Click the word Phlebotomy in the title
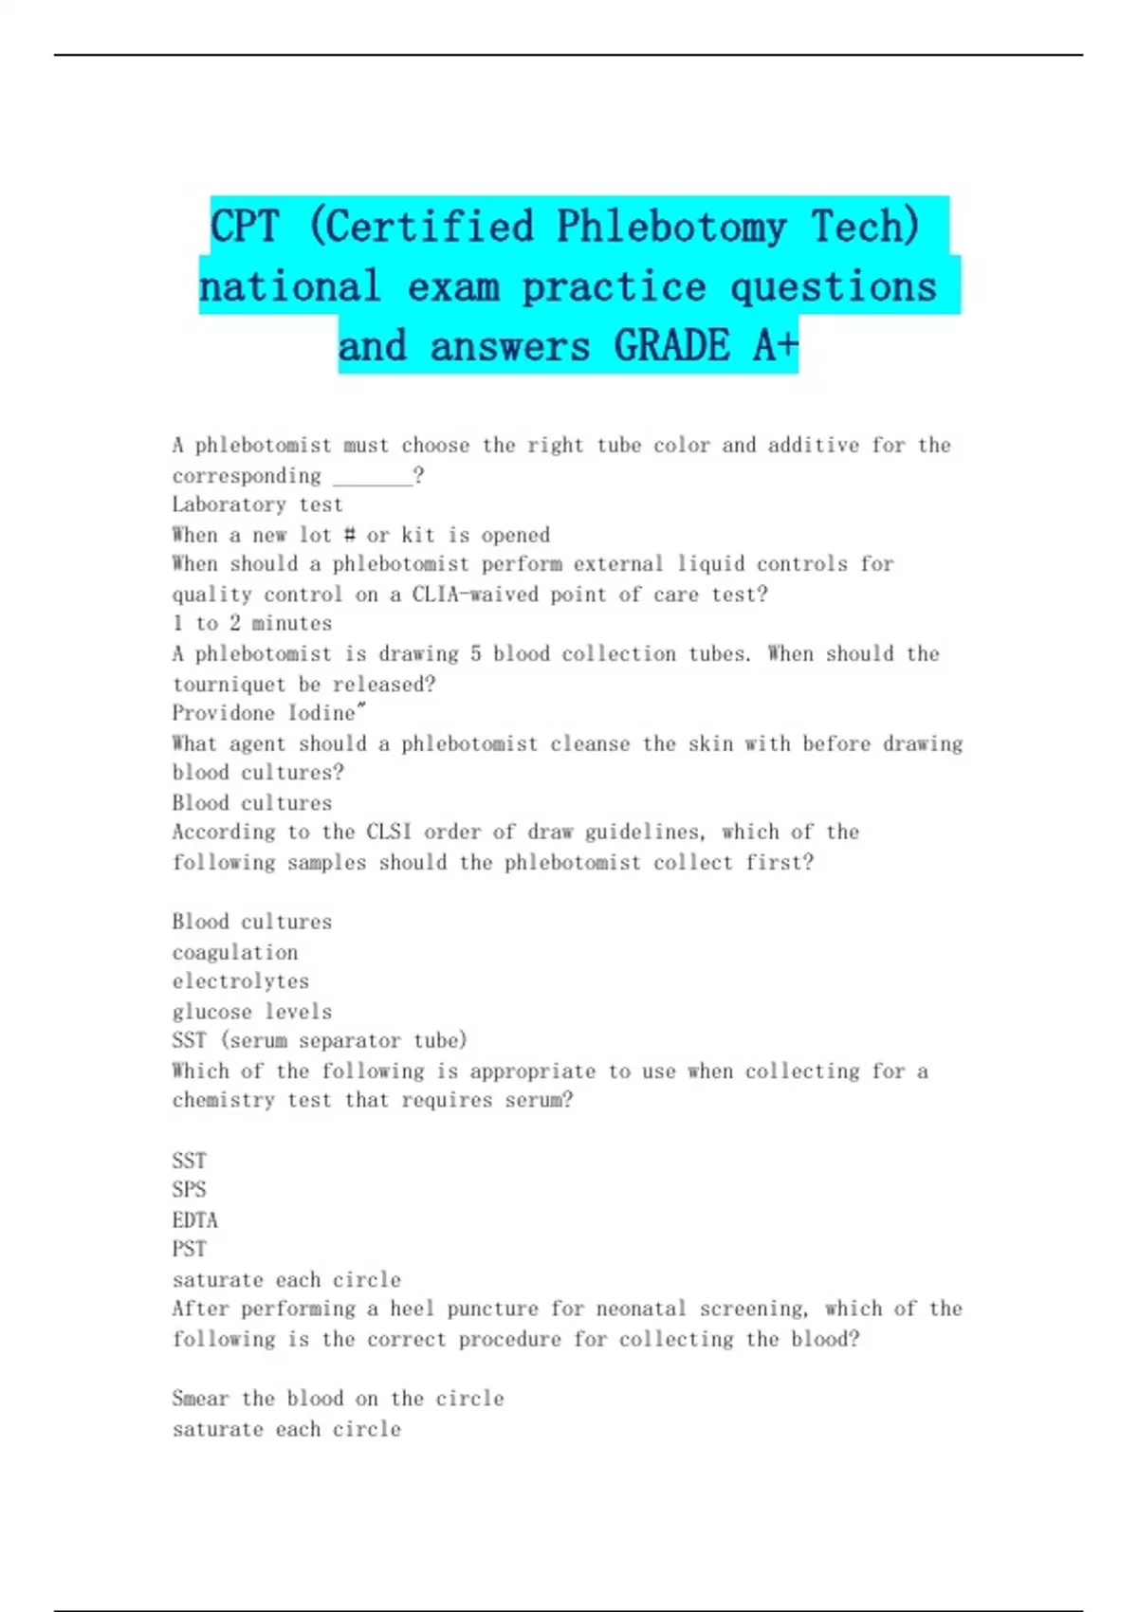[x=670, y=228]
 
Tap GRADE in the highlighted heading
[x=671, y=346]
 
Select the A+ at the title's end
[x=776, y=346]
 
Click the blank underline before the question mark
[x=373, y=477]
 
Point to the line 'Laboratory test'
[x=257, y=505]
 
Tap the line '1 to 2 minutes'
[x=252, y=624]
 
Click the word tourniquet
[x=229, y=685]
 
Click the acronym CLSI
[x=389, y=833]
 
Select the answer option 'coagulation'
[x=235, y=953]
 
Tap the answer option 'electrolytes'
[x=241, y=981]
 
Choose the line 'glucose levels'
[x=252, y=1012]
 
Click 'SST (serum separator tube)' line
[x=320, y=1041]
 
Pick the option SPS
[x=189, y=1190]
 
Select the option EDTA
[x=194, y=1220]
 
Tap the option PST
[x=189, y=1250]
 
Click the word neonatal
[x=640, y=1310]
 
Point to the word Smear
[x=200, y=1400]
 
